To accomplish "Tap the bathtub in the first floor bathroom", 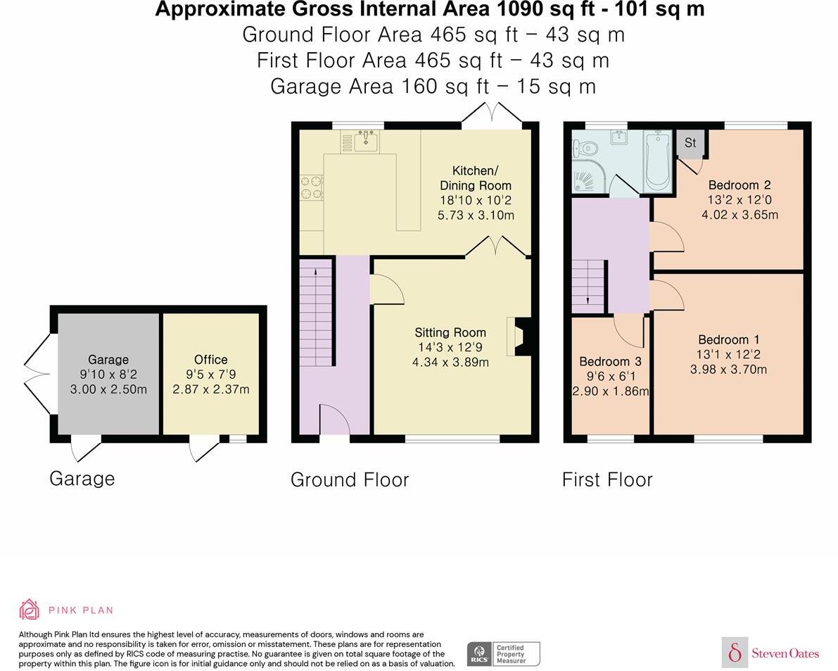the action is coord(658,161).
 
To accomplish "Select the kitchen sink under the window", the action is coord(366,141).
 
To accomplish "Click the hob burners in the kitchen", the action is coord(311,188).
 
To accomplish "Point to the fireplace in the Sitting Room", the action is coord(519,337).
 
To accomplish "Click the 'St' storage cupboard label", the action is coord(690,143).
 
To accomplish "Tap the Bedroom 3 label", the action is coord(610,361).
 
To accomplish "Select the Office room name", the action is coord(210,359).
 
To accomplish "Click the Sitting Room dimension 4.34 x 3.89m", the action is coord(450,362).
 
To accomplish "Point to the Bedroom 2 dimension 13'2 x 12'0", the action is coord(739,199).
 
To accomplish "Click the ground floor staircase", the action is coord(317,312).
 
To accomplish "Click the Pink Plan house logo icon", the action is coord(30,609).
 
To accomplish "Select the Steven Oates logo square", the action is coord(735,652).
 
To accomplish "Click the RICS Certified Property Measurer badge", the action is coord(504,654).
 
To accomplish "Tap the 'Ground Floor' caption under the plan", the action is coord(350,479).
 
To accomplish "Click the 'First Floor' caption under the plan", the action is coord(607,479).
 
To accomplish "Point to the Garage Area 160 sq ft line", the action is coord(433,86).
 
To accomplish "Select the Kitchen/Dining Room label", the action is coord(475,178).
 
